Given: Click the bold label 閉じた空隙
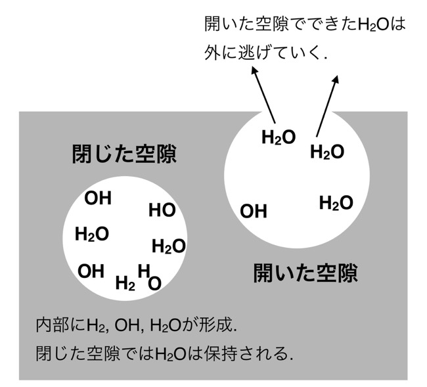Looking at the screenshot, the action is pyautogui.click(x=124, y=154).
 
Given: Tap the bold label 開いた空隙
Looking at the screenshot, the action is pyautogui.click(x=305, y=273).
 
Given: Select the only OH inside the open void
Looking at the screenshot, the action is pyautogui.click(x=254, y=212).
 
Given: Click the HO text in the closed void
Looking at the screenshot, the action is pyautogui.click(x=162, y=210).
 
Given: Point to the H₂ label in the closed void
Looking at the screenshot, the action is pyautogui.click(x=125, y=283).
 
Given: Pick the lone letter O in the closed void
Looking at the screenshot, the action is pyautogui.click(x=154, y=283).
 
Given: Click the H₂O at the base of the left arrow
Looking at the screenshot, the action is pyautogui.click(x=279, y=137).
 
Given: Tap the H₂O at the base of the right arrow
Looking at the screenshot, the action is pyautogui.click(x=327, y=152).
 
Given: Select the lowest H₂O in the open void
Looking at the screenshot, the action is pyautogui.click(x=336, y=203).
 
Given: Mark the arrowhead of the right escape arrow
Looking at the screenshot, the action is pyautogui.click(x=336, y=80).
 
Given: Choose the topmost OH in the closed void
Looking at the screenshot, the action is pyautogui.click(x=98, y=198).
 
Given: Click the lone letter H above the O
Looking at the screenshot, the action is pyautogui.click(x=144, y=271).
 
